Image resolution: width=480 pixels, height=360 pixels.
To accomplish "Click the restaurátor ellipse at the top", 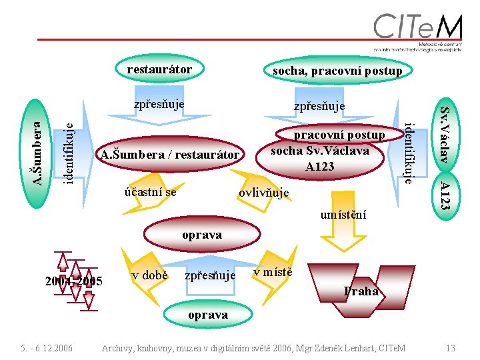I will click(159, 69).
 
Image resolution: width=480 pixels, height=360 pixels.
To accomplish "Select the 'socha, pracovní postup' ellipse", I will click(337, 71).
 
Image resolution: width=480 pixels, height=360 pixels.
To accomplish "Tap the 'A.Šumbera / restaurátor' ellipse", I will click(169, 155).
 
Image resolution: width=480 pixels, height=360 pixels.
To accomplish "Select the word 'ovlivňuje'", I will click(264, 193).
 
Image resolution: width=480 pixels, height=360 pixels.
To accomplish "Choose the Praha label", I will click(361, 291).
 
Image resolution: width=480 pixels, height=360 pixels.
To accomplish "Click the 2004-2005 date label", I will click(73, 281).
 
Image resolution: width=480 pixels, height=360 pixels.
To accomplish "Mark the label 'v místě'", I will click(273, 272).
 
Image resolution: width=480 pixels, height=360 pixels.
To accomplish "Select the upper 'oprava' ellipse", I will click(202, 235).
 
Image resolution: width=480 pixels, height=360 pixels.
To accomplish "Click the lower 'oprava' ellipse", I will click(207, 315).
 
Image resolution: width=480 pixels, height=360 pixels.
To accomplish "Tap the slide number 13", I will click(451, 347).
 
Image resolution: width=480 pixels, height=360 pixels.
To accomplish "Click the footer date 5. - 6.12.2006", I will click(47, 347).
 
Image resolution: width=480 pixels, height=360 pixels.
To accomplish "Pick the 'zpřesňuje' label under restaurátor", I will click(159, 104).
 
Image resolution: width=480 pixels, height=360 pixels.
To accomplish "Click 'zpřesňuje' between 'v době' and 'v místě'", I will click(210, 275).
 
